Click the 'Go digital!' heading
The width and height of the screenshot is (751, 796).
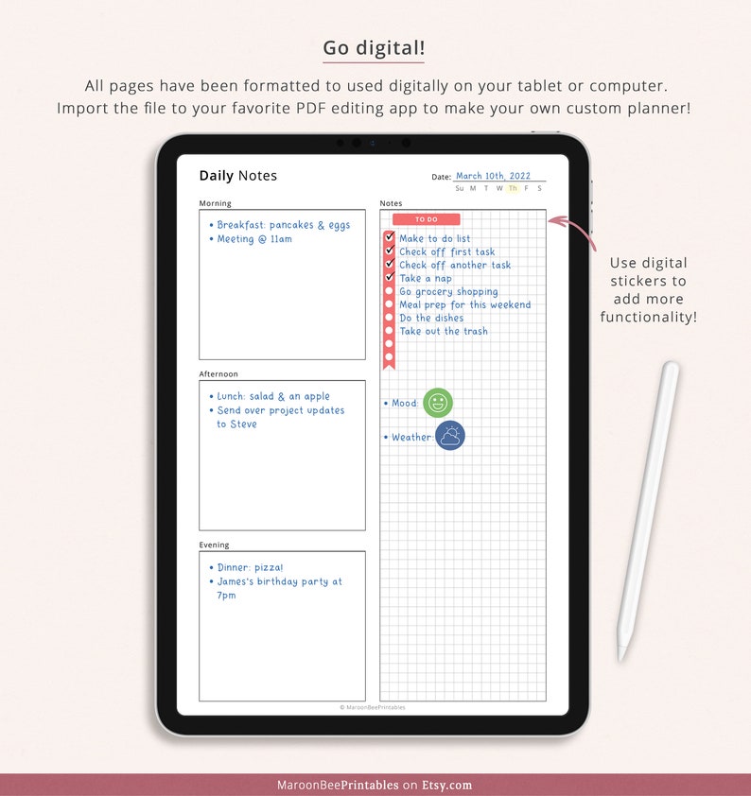coord(374,48)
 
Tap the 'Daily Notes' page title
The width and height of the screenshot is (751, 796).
coord(237,176)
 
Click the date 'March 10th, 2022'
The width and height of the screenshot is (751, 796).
coord(493,176)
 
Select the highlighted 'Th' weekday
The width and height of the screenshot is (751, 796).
coord(513,188)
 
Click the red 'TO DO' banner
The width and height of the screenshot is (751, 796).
coord(426,219)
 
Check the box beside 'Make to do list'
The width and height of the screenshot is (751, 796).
coord(389,238)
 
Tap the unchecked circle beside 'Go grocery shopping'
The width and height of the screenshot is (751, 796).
coord(389,292)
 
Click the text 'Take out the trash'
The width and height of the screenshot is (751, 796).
coord(444,332)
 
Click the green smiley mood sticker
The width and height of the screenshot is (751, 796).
coord(437,403)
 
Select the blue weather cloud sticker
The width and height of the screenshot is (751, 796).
coord(450,436)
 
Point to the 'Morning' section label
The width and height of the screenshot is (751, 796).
coord(215,203)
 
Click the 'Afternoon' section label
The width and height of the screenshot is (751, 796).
coord(218,374)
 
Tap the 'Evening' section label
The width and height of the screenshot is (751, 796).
coord(214,545)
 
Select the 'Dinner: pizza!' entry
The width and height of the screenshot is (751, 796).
coord(250,568)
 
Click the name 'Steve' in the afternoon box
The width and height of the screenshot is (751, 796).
coord(243,424)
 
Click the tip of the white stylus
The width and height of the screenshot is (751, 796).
coord(622,655)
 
